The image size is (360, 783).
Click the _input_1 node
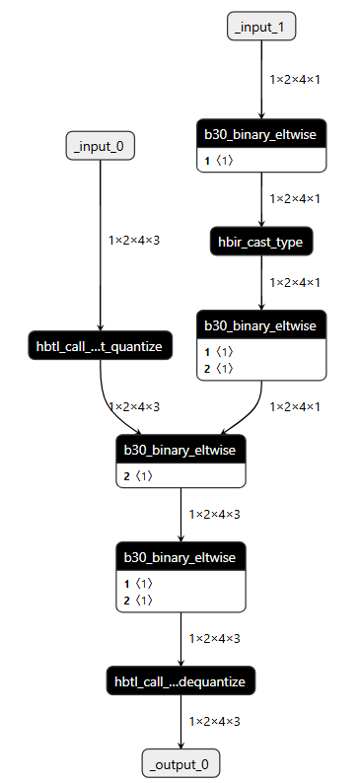(261, 27)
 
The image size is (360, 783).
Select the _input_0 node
(101, 146)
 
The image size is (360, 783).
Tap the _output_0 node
(180, 763)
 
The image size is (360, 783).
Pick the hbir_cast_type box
(261, 241)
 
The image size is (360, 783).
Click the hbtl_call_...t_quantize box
(101, 346)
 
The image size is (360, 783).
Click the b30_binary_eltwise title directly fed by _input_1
(261, 135)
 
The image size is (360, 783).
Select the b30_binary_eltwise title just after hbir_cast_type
(261, 324)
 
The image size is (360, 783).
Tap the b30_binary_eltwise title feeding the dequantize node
(180, 557)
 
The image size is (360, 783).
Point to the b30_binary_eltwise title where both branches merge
(180, 450)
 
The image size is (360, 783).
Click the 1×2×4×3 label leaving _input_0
(134, 239)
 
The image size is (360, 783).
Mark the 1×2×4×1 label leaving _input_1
(295, 77)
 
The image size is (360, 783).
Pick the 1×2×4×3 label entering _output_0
(214, 721)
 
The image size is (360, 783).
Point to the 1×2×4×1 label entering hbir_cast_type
(295, 198)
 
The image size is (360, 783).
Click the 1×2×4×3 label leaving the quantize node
(134, 406)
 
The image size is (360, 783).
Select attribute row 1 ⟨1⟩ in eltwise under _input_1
(220, 160)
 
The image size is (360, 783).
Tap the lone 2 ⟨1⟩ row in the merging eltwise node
(139, 475)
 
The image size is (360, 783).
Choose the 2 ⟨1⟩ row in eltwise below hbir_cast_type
(220, 368)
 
